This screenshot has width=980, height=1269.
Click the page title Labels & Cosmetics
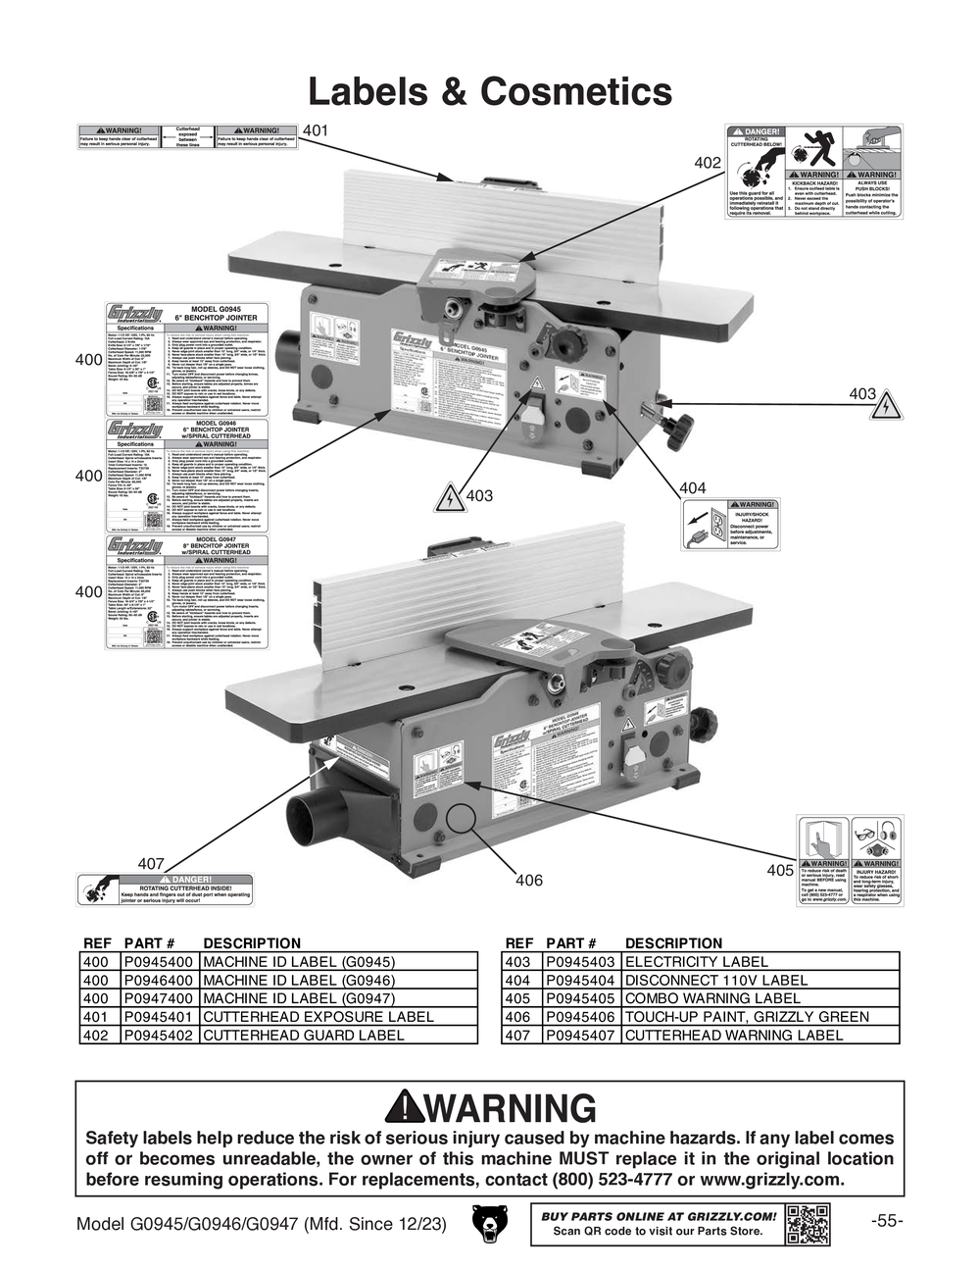click(490, 92)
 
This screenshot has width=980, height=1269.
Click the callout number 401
click(316, 131)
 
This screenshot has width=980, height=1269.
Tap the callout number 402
click(708, 163)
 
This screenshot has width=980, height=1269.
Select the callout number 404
click(692, 487)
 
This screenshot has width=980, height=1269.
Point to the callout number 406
click(528, 881)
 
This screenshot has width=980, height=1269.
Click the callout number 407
click(150, 864)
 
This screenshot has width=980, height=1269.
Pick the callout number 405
click(779, 870)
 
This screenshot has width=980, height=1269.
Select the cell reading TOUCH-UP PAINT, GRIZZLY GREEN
click(747, 1017)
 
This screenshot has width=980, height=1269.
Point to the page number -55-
click(885, 1221)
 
